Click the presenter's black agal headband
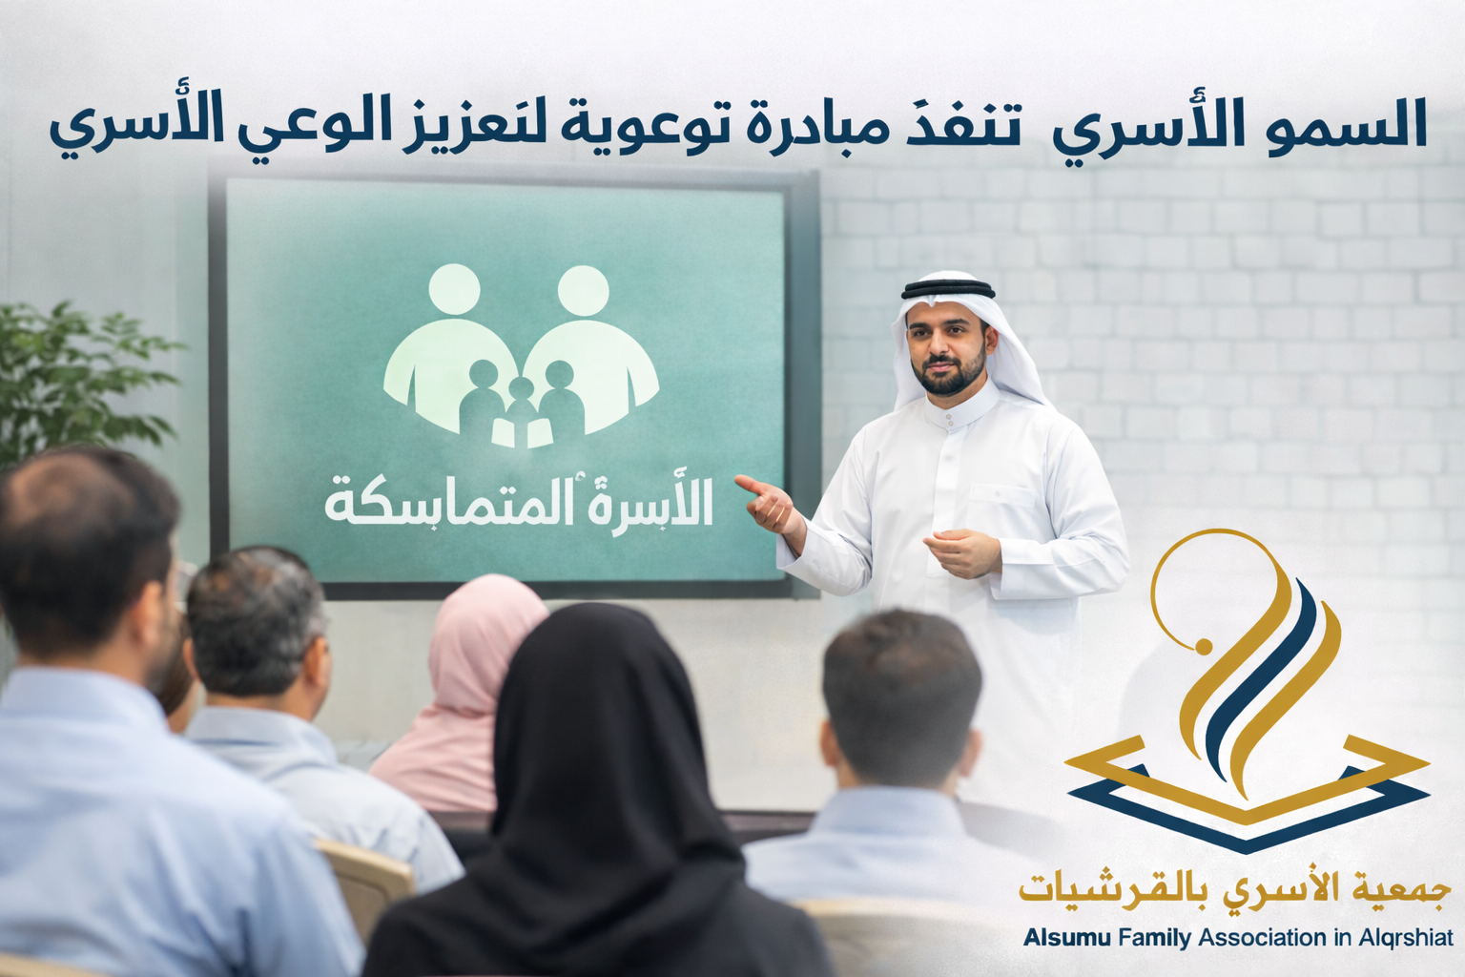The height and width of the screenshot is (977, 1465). coord(948,288)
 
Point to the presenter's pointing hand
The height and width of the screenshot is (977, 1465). coord(767,503)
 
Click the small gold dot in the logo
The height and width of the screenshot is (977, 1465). coord(1201,647)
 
